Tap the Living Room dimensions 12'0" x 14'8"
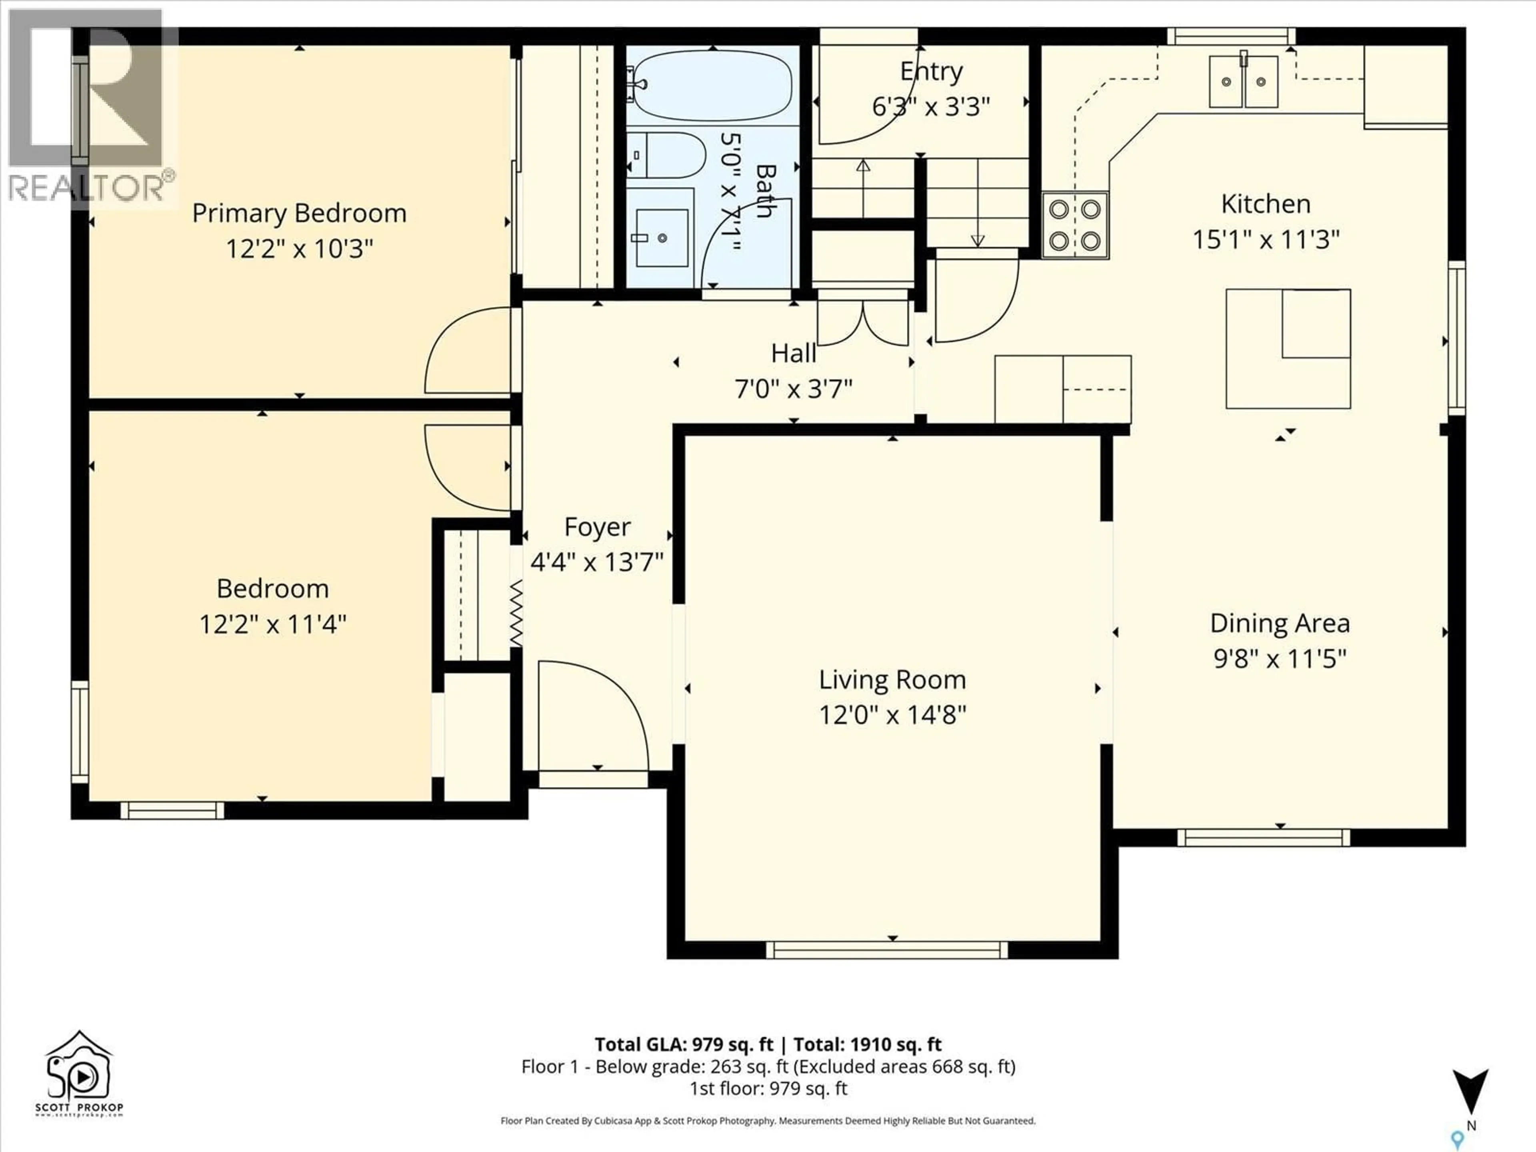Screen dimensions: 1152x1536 (892, 714)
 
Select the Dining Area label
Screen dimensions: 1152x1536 (1279, 623)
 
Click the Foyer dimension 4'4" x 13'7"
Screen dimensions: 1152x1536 (596, 561)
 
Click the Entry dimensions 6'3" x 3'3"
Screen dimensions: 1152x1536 (930, 106)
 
